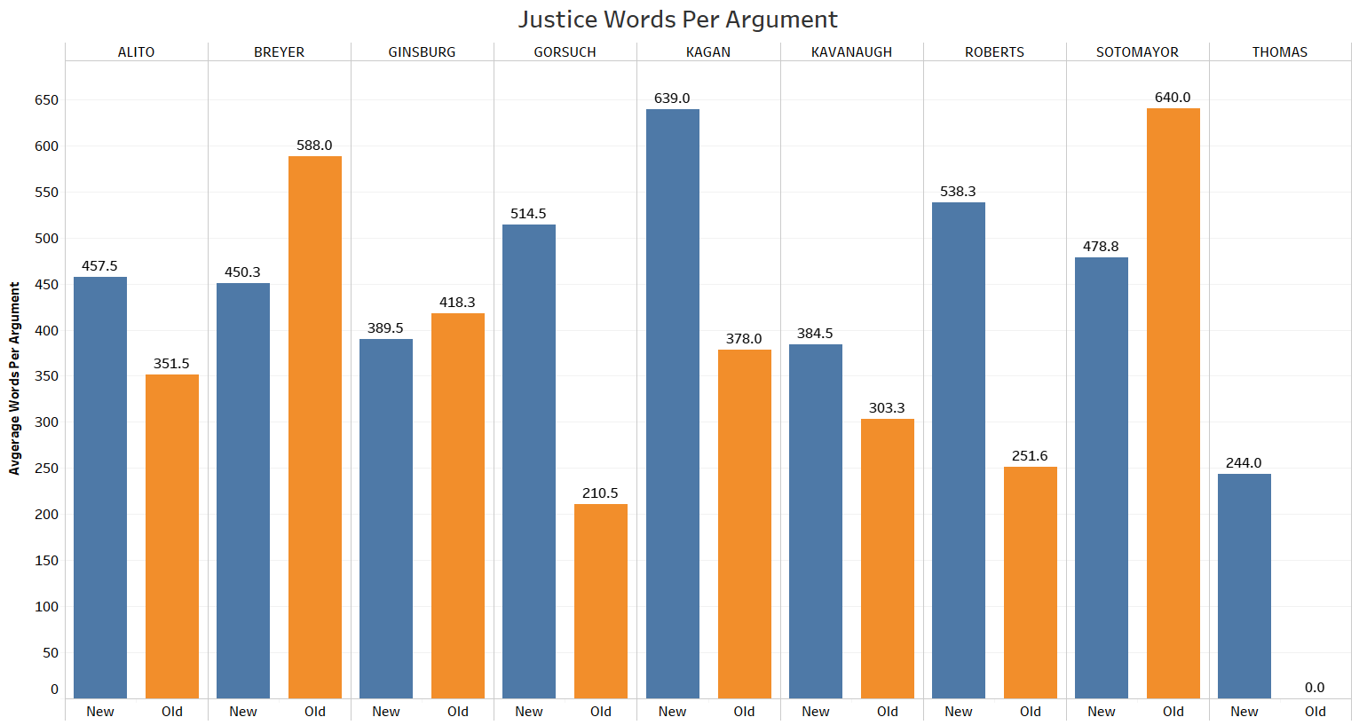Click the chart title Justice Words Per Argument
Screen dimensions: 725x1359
point(678,20)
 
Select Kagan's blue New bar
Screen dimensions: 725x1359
point(672,403)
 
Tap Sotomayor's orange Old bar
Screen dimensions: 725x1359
point(1173,403)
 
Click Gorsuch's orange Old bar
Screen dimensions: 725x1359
point(600,601)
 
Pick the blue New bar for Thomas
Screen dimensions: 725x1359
point(1244,586)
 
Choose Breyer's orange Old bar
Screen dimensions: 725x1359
point(314,427)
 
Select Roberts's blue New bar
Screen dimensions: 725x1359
point(958,450)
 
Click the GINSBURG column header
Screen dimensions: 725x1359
point(422,52)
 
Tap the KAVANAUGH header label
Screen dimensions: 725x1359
point(851,52)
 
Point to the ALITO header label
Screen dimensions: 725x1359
point(136,52)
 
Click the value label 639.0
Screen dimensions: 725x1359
point(672,99)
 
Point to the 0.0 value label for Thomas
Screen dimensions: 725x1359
point(1315,688)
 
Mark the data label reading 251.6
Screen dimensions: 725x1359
point(1030,456)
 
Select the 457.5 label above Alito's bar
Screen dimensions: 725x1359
point(99,266)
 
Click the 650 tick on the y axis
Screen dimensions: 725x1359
point(47,100)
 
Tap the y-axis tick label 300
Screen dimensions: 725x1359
point(47,422)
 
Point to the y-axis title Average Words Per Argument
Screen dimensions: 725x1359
point(14,378)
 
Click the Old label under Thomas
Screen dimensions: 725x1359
point(1316,712)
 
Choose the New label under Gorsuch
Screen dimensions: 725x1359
point(529,712)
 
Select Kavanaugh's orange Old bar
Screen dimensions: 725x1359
point(887,558)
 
